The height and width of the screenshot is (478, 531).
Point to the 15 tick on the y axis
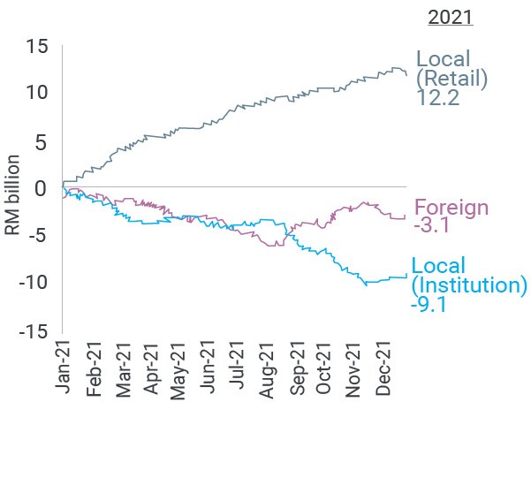[36, 45]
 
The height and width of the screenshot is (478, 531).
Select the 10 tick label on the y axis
[36, 93]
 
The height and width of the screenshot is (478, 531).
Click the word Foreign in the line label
[451, 209]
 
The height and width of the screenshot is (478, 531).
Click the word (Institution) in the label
[469, 285]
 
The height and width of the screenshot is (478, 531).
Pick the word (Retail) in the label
[451, 79]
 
